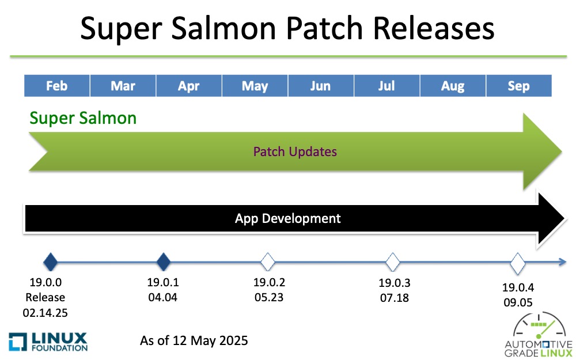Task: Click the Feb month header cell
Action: [x=57, y=86]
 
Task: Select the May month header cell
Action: [x=255, y=86]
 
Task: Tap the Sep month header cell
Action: [x=519, y=86]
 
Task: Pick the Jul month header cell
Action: [x=387, y=86]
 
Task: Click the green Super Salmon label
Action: [x=83, y=118]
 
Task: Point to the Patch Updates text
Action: [x=295, y=151]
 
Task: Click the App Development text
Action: [x=287, y=218]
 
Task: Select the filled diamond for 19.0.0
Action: [x=51, y=262]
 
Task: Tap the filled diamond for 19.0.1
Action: [x=164, y=262]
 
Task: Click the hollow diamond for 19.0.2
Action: [x=268, y=262]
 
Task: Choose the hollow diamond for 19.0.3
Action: [x=393, y=262]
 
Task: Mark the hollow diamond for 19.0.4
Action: [x=518, y=263]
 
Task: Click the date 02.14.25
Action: [x=45, y=313]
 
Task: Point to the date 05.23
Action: [x=269, y=297]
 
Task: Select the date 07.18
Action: [x=395, y=298]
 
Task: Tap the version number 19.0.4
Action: [x=518, y=287]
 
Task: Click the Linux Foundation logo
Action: [x=48, y=342]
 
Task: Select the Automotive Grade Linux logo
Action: [x=538, y=335]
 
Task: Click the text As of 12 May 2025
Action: [x=194, y=340]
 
